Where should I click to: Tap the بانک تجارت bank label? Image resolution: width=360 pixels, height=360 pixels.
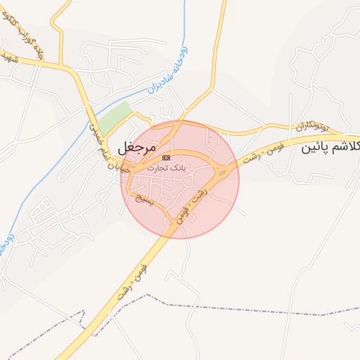point(166,169)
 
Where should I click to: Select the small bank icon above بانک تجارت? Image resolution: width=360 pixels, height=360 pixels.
point(166,158)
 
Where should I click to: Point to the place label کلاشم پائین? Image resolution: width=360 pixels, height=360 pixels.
point(330,148)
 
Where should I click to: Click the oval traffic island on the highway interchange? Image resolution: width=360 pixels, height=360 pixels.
point(223,171)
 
